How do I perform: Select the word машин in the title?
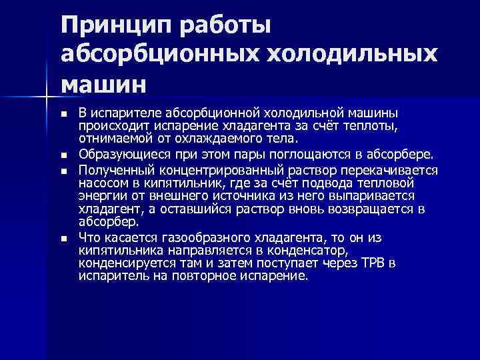point(101,85)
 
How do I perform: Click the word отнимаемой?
point(111,139)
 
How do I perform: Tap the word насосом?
point(101,183)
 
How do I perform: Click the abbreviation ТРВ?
point(371,263)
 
